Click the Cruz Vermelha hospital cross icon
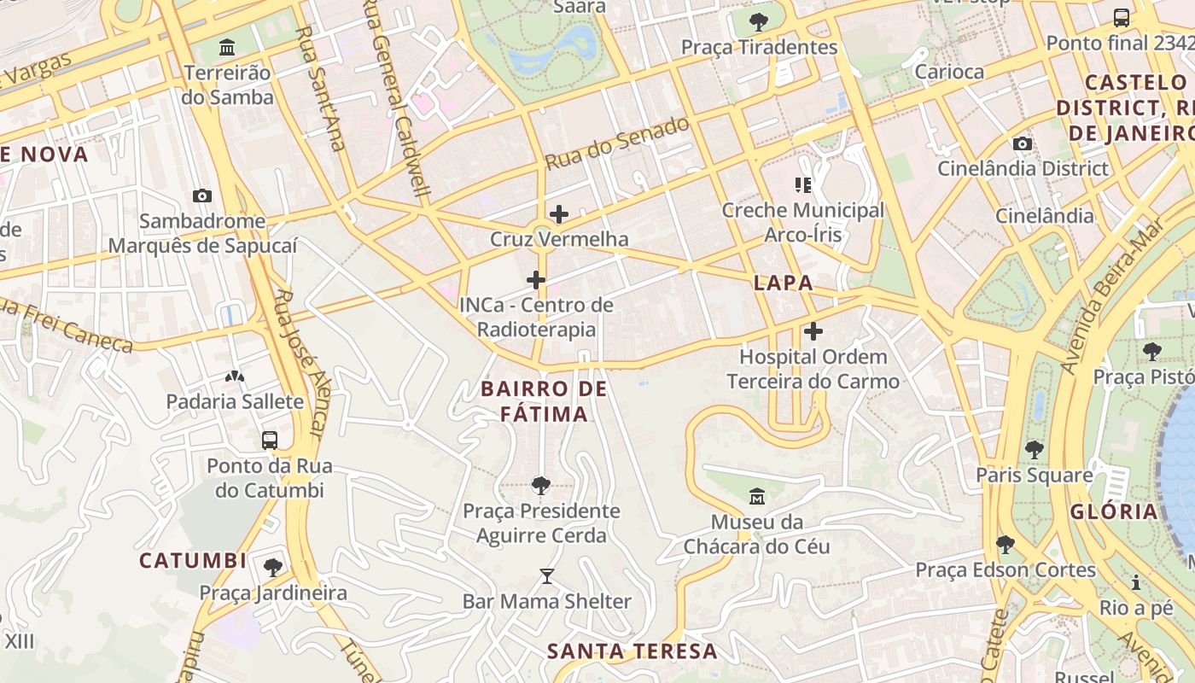pos(559,213)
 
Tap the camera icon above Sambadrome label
pos(202,196)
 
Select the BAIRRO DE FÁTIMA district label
pos(544,401)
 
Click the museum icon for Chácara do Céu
pos(756,496)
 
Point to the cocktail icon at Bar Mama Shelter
pos(547,576)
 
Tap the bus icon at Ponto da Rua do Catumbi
pos(270,441)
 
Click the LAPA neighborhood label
pos(783,283)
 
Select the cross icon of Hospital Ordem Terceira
pos(813,331)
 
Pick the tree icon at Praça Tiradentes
pos(758,21)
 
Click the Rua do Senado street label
pos(617,143)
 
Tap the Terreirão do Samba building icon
pos(227,47)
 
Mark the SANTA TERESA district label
pos(632,651)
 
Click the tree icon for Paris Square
pos(1035,449)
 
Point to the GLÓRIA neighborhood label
pos(1113,511)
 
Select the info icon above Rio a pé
pos(1136,583)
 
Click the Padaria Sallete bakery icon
pos(234,376)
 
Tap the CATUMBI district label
pos(193,561)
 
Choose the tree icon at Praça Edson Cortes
pos(1006,544)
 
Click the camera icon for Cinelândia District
pos(1022,143)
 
